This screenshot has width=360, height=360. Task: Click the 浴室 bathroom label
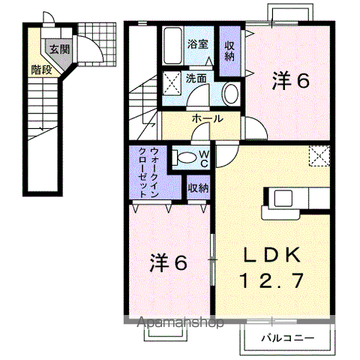coord(198,44)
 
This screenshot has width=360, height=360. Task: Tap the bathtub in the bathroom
coord(172,45)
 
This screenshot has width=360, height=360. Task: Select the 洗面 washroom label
coord(196,79)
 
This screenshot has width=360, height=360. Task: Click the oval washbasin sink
coord(231,94)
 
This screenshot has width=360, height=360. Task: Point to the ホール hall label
coord(208,118)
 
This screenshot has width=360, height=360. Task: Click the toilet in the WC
coord(184,158)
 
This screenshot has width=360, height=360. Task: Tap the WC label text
coord(205,160)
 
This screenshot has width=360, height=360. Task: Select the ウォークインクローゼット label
coord(148,172)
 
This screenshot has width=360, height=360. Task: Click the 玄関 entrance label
coord(59,49)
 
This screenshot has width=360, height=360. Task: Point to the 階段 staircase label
coord(41,70)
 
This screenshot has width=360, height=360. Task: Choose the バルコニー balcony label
coord(287,338)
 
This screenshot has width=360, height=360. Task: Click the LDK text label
coord(272,255)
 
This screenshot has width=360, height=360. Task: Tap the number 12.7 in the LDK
coord(272,280)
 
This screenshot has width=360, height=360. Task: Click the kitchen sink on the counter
coord(283,198)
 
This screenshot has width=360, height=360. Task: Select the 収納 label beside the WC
coord(199,187)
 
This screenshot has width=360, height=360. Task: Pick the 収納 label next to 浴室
coord(229,51)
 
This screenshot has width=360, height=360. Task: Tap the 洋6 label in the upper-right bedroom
coord(291,80)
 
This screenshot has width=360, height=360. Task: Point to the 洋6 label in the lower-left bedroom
coord(168,263)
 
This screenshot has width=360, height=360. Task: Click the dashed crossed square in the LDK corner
coord(319,156)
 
